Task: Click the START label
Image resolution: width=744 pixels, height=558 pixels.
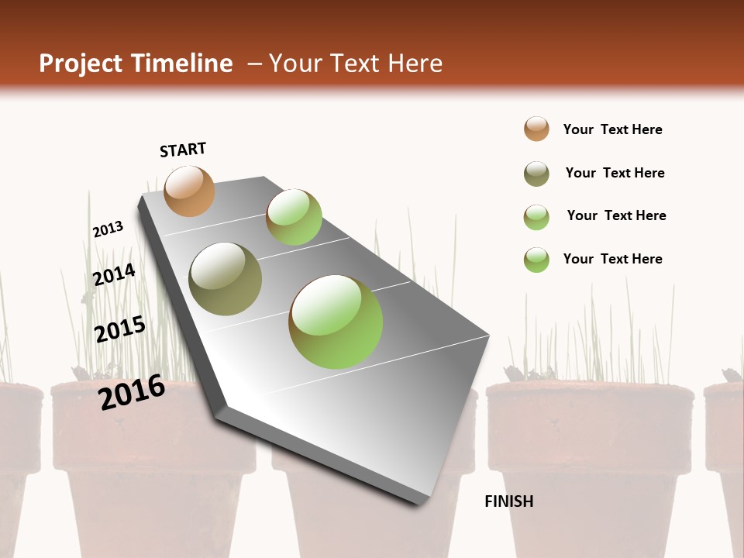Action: [x=183, y=150]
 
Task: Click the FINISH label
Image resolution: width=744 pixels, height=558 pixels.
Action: [x=508, y=501]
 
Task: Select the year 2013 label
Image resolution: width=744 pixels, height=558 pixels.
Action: [x=108, y=229]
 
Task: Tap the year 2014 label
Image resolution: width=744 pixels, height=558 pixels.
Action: [x=114, y=274]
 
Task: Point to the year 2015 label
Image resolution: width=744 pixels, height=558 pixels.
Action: [x=119, y=329]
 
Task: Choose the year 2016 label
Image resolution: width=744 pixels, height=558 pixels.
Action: [x=132, y=391]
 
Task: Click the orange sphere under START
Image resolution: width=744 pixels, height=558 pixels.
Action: [x=189, y=191]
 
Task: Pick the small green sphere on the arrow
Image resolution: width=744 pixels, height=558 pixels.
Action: [x=294, y=217]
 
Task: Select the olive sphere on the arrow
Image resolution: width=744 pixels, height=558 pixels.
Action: [x=226, y=279]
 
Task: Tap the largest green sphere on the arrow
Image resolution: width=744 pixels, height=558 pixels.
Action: [x=336, y=322]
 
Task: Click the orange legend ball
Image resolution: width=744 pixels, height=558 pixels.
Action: [x=536, y=129]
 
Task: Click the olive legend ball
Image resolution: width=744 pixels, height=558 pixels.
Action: [x=536, y=173]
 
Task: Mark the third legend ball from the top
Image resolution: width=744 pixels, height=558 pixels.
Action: [x=536, y=216]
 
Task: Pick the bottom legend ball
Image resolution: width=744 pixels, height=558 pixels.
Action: [x=536, y=259]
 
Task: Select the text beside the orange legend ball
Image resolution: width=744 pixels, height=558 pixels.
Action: [x=612, y=129]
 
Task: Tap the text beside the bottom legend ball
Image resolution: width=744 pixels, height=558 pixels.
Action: [x=612, y=259]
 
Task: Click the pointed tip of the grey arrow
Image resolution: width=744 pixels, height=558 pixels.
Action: [x=423, y=502]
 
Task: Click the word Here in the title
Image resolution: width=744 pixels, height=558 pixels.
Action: [x=415, y=64]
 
